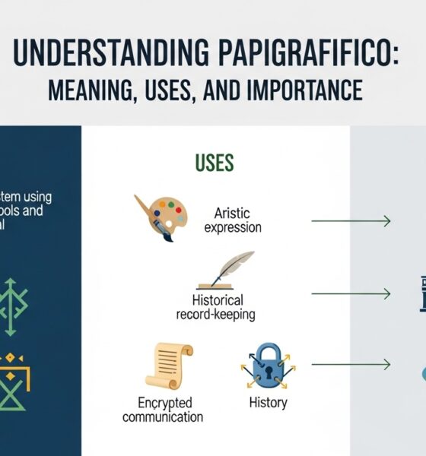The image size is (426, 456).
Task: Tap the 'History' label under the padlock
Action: click(268, 402)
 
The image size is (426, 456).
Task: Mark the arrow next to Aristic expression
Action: click(351, 221)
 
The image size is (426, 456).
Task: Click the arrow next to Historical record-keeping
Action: click(351, 293)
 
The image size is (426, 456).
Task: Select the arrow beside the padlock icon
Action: click(351, 365)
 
